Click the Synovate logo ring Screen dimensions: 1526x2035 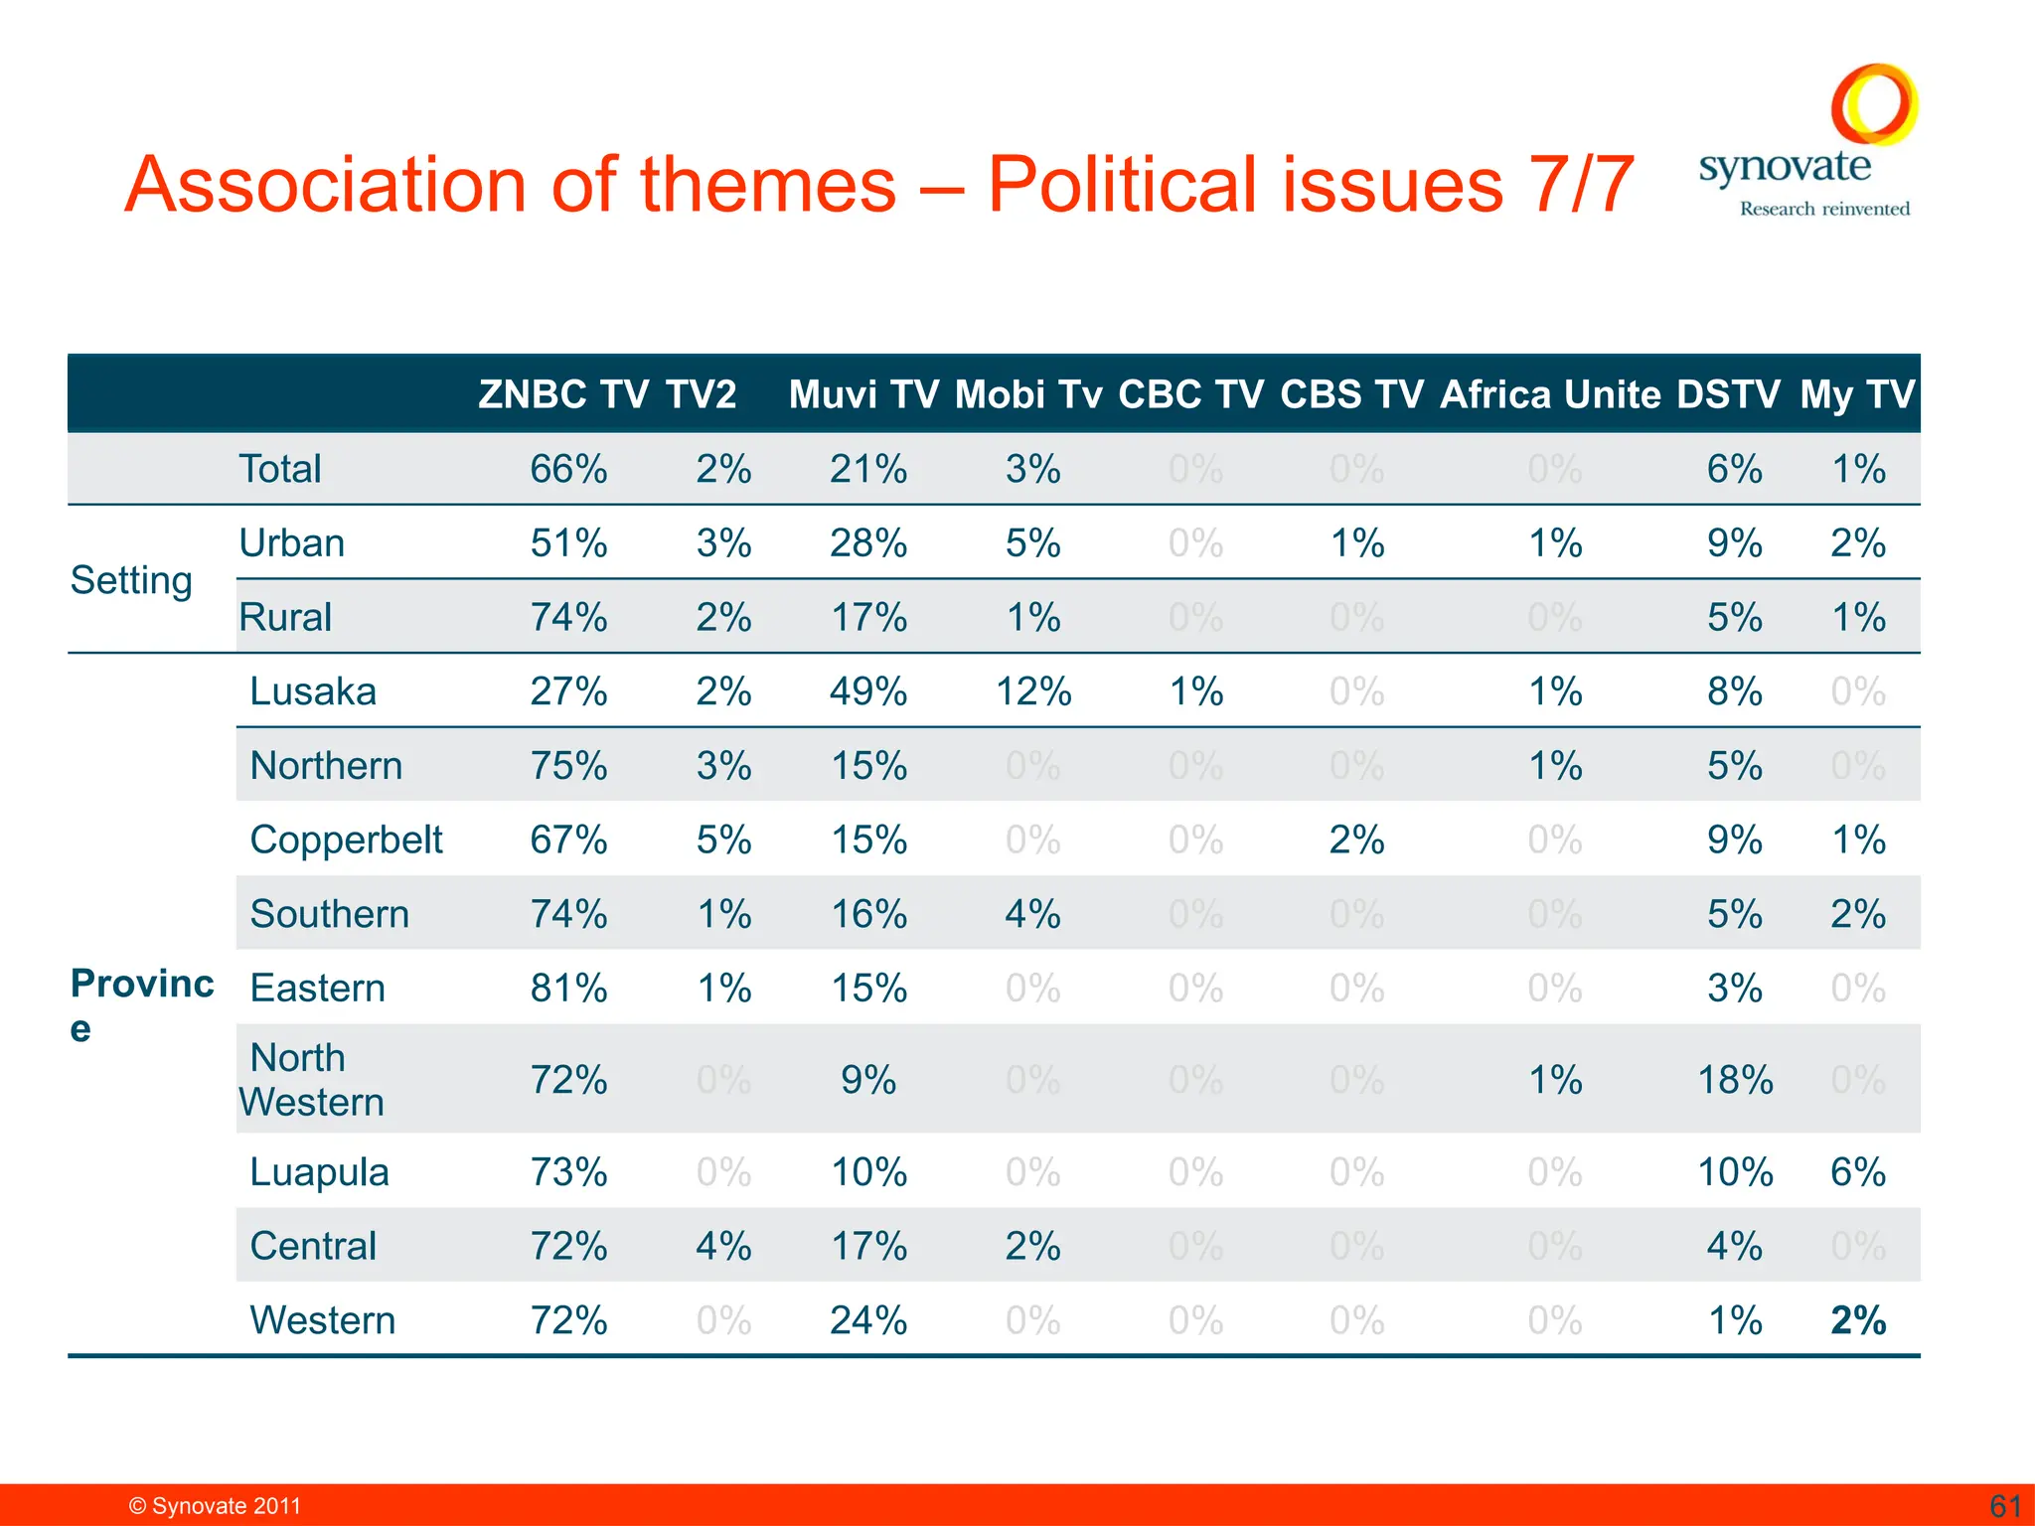click(x=1874, y=104)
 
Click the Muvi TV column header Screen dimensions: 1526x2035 click(x=863, y=395)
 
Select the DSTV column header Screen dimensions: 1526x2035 click(x=1728, y=395)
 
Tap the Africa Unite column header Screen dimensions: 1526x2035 click(x=1549, y=395)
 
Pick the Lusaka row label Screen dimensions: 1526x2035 click(x=313, y=691)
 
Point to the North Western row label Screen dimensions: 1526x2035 click(x=311, y=1080)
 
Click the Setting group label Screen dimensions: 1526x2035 click(x=131, y=580)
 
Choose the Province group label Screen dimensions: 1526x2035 click(x=141, y=1004)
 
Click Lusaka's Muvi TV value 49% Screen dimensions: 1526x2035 click(x=868, y=691)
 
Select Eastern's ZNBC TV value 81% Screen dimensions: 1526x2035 click(x=568, y=989)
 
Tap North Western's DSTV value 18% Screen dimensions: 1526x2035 click(x=1735, y=1080)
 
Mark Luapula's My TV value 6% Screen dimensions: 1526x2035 click(x=1858, y=1172)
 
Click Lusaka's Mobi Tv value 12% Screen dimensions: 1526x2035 click(x=1033, y=691)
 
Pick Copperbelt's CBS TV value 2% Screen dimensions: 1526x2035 click(x=1356, y=840)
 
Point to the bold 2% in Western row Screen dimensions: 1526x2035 click(x=1858, y=1320)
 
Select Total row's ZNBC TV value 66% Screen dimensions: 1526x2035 click(x=568, y=469)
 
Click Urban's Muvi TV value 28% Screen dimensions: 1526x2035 click(x=868, y=543)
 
